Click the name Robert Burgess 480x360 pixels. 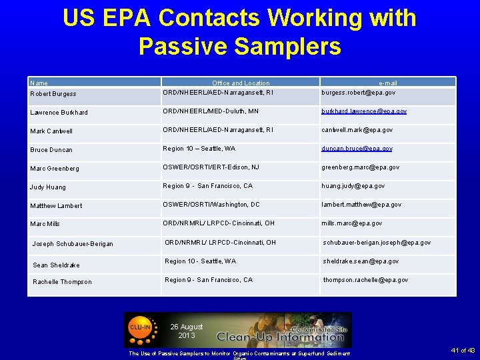(53, 94)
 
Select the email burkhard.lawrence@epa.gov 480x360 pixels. (364, 111)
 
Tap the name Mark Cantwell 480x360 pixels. (51, 131)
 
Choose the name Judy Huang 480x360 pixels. (49, 187)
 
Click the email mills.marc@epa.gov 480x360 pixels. (351, 223)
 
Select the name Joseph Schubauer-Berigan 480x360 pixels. (73, 244)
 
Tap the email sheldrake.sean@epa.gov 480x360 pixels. (361, 261)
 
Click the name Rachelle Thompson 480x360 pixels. (62, 282)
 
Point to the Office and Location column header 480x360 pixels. (241, 83)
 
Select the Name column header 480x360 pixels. (39, 83)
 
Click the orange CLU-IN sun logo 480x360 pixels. (139, 327)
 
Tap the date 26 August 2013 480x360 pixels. (187, 331)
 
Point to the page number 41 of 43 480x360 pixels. (462, 351)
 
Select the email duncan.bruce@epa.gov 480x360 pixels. (357, 149)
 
